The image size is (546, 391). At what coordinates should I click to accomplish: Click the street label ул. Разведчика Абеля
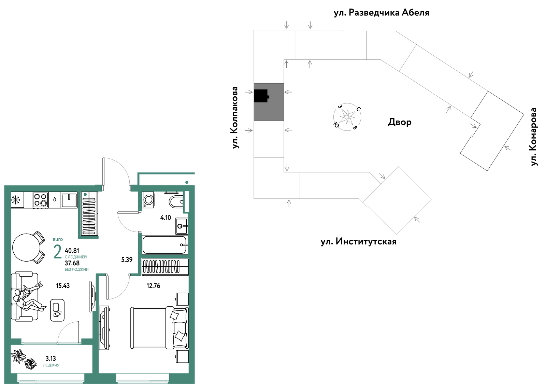click(x=381, y=12)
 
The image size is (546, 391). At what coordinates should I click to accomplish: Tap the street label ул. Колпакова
click(x=235, y=117)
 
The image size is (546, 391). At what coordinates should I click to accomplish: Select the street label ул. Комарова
click(x=534, y=137)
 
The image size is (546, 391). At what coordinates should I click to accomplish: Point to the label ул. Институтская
click(x=358, y=241)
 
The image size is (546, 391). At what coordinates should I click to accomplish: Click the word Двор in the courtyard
click(x=400, y=122)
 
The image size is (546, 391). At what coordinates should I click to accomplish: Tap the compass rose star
click(x=347, y=117)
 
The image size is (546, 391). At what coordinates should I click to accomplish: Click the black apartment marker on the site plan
click(x=261, y=96)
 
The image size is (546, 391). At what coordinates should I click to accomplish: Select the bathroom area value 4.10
click(x=166, y=217)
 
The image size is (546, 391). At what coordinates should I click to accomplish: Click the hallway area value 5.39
click(x=127, y=260)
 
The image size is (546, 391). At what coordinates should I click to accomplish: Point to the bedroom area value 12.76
click(x=153, y=285)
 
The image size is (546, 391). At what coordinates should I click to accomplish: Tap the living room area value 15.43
click(x=63, y=285)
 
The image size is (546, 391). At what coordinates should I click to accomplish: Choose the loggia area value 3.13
click(x=51, y=358)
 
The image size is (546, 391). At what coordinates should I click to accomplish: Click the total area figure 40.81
click(x=72, y=251)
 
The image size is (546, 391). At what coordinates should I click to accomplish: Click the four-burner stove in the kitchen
click(x=41, y=200)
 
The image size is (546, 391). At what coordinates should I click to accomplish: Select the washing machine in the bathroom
click(x=148, y=200)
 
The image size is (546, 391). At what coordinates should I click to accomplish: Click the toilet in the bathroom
click(x=176, y=201)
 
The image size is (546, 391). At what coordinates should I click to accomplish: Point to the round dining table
click(x=26, y=247)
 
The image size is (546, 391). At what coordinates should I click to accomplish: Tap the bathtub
click(x=165, y=245)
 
